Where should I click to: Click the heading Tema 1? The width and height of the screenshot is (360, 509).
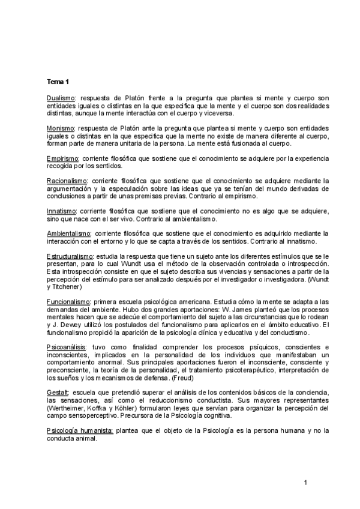(x=58, y=82)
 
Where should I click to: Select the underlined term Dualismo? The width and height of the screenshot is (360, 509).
(x=59, y=97)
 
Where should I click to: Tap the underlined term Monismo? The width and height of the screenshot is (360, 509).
(x=59, y=128)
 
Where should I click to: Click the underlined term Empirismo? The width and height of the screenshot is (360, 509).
(x=61, y=159)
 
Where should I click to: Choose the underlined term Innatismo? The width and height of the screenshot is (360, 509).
(x=61, y=211)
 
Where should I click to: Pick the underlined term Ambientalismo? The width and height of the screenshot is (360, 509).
(x=67, y=233)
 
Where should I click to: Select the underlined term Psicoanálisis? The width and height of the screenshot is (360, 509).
(x=65, y=348)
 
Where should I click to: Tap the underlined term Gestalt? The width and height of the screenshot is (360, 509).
(x=56, y=393)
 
